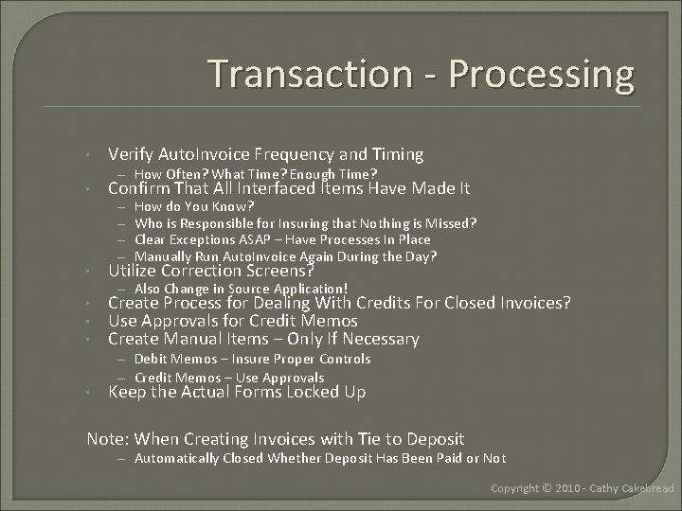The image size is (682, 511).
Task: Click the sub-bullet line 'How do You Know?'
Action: (x=194, y=205)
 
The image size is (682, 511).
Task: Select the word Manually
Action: (x=164, y=256)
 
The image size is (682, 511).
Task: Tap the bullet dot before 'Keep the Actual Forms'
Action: (x=86, y=393)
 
